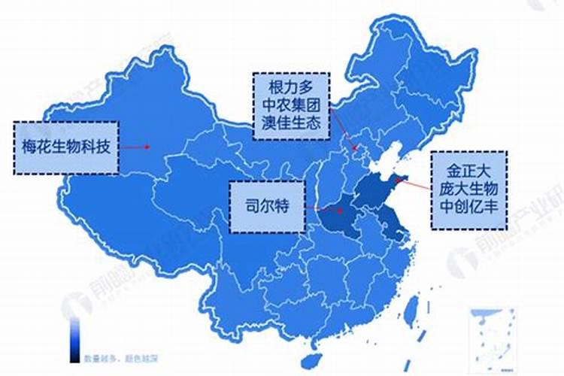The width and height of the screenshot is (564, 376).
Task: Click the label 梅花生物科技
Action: (66, 147)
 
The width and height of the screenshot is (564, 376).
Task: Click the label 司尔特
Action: (267, 205)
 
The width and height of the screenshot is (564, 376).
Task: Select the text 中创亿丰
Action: (469, 206)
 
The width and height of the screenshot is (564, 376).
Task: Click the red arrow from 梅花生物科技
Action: (135, 147)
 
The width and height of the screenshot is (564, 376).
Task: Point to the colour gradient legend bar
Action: (75, 335)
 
